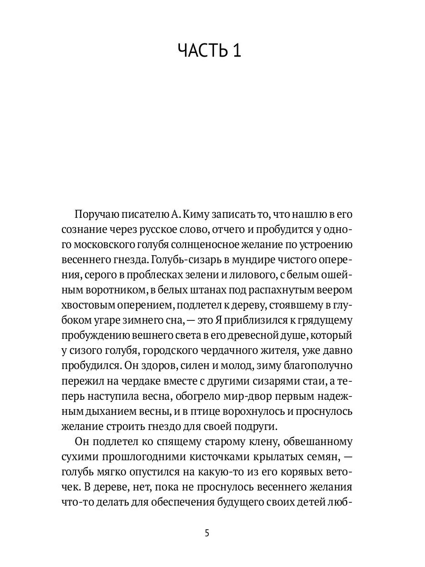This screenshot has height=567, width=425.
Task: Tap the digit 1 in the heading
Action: [x=236, y=50]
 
